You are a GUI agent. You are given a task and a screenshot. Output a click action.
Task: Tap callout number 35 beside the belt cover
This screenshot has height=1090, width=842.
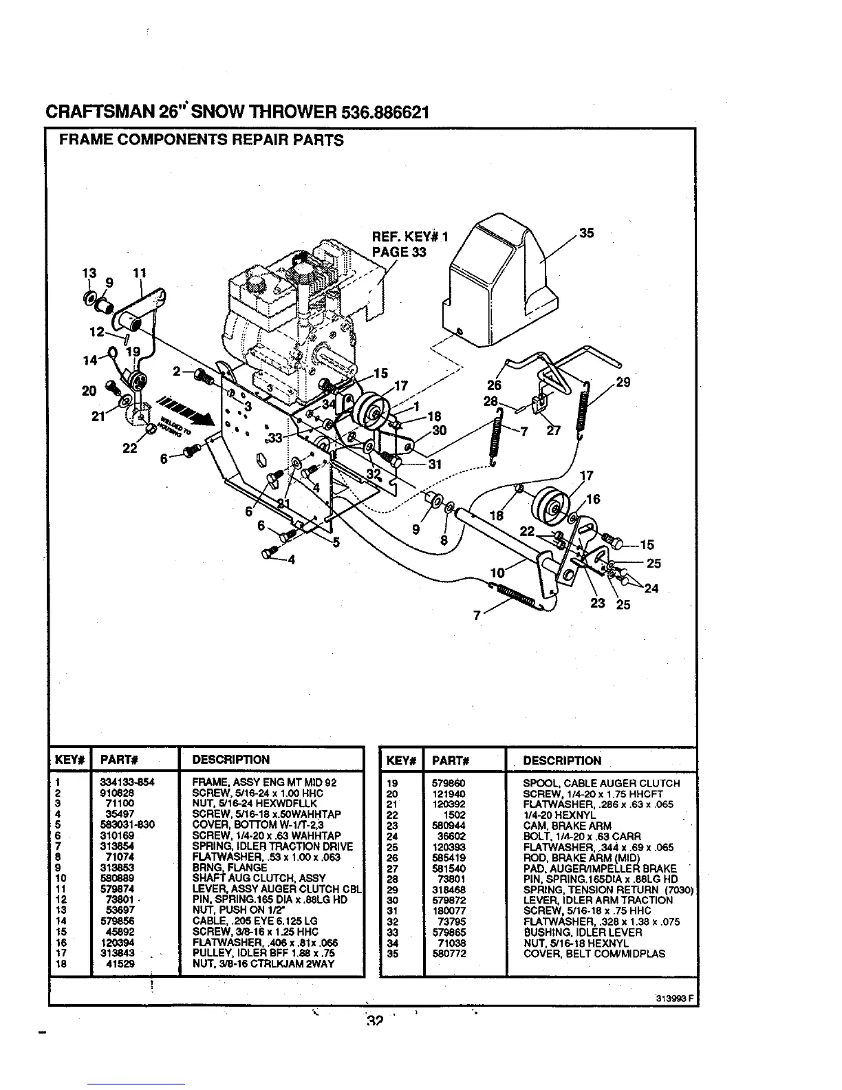[586, 233]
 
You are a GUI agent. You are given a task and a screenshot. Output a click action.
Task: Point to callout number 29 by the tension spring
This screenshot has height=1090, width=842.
[623, 382]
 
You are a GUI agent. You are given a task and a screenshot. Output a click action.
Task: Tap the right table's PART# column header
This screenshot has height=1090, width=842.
[451, 761]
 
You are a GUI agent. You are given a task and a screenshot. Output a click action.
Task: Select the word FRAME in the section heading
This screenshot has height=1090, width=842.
[80, 140]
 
